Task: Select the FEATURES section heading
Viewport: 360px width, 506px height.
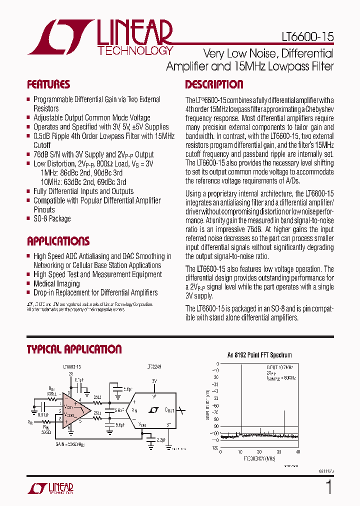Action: coord(48,84)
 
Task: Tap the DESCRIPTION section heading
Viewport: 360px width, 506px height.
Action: coord(214,84)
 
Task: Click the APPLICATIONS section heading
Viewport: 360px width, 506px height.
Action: coord(58,241)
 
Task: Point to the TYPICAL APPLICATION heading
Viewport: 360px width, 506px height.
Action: coord(74,349)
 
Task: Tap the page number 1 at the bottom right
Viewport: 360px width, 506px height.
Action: coord(328,487)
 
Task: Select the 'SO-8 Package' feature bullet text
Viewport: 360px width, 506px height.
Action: coord(52,218)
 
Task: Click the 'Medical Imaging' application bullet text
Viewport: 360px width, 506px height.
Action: coord(56,283)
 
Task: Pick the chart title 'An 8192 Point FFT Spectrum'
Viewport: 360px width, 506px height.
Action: coord(259,355)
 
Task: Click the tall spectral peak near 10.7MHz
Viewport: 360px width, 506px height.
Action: coord(241,400)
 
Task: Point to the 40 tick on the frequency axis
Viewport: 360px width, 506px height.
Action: coord(298,452)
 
